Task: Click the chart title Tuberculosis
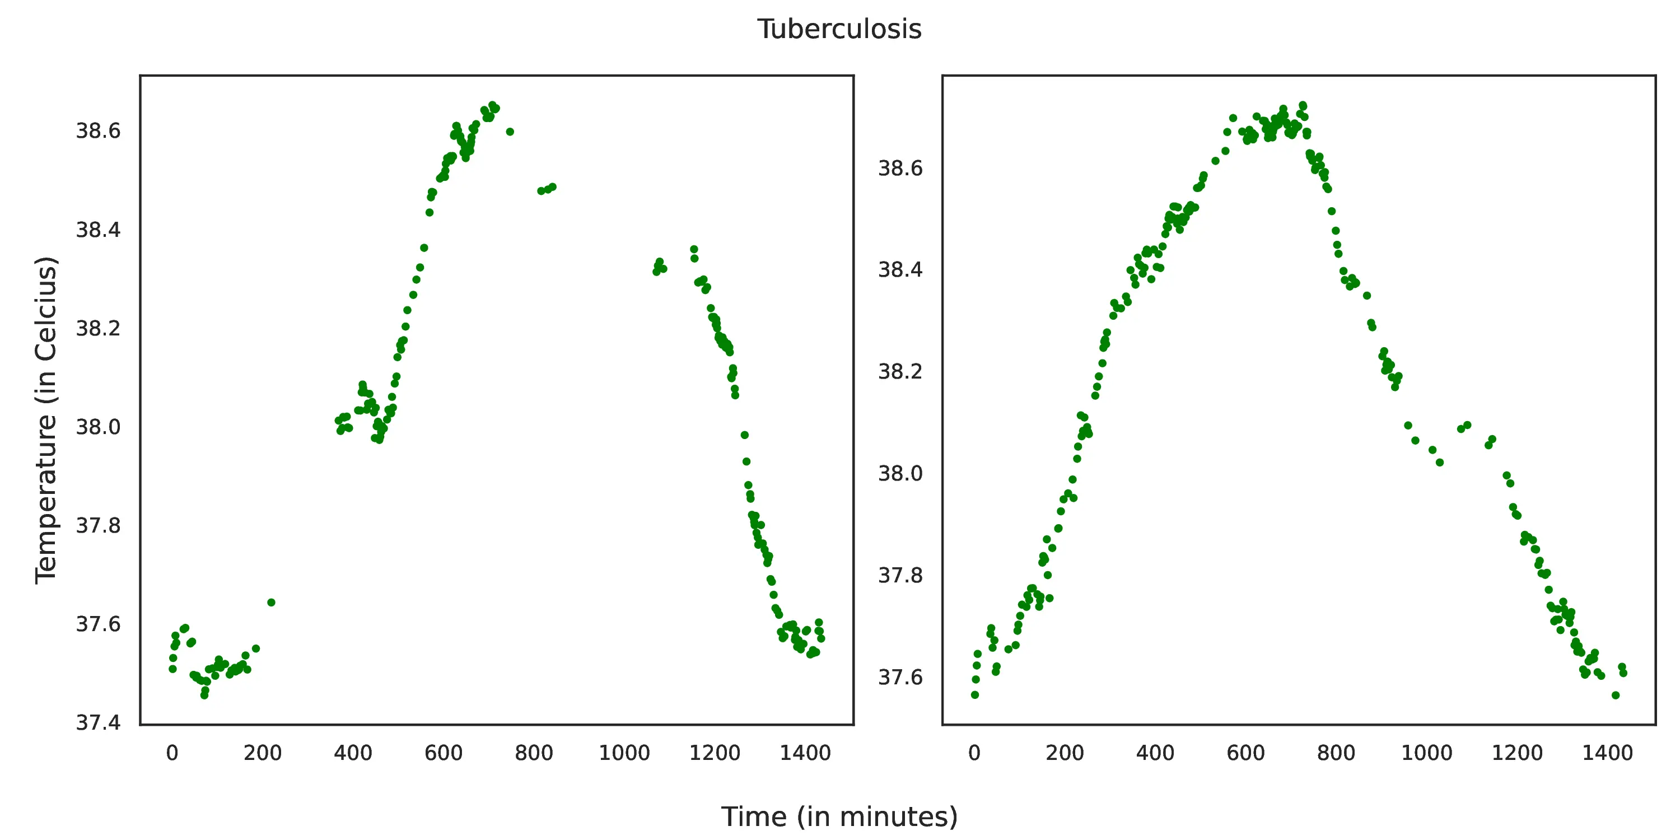coord(839,29)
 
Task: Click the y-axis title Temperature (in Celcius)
coord(46,420)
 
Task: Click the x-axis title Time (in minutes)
coord(839,816)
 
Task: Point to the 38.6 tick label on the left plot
coord(98,131)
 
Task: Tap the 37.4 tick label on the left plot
coord(98,722)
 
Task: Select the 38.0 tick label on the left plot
coord(98,427)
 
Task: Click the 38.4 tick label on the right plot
coord(900,269)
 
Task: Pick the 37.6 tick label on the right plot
coord(900,678)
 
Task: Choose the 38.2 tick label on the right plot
coord(900,372)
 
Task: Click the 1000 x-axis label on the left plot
coord(624,753)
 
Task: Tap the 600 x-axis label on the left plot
coord(444,753)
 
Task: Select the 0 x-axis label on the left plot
coord(172,753)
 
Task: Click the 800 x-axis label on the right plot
coord(1336,753)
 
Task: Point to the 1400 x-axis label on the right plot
coord(1607,753)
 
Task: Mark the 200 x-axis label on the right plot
coord(1065,753)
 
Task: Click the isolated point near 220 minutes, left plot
coord(271,603)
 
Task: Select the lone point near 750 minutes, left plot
coord(510,132)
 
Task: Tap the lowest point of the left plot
coord(204,695)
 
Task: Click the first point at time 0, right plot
coord(975,695)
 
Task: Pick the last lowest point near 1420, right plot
coord(1616,695)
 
